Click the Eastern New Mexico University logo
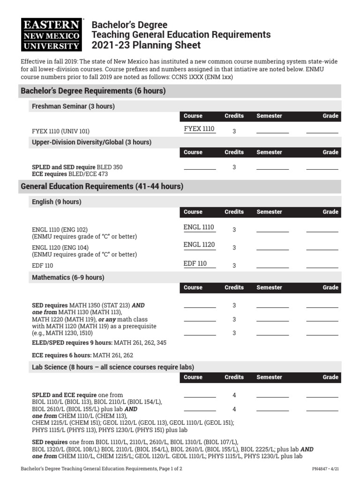pyautogui.click(x=52, y=35)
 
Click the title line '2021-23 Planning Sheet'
pyautogui.click(x=146, y=45)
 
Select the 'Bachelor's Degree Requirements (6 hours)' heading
pyautogui.click(x=93, y=91)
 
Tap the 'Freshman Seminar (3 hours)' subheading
pyautogui.click(x=73, y=106)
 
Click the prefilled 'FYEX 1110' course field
pyautogui.click(x=199, y=129)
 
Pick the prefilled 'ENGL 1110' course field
pyautogui.click(x=199, y=227)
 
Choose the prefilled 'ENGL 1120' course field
pyautogui.click(x=199, y=245)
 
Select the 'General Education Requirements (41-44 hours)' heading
pyautogui.click(x=102, y=187)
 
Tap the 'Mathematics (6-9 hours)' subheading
pyautogui.click(x=68, y=277)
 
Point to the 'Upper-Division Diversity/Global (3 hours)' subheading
pyautogui.click(x=91, y=142)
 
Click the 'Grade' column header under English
pyautogui.click(x=330, y=212)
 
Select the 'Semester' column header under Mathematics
pyautogui.click(x=269, y=288)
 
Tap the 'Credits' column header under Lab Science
pyautogui.click(x=234, y=377)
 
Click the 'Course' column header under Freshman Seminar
pyautogui.click(x=193, y=116)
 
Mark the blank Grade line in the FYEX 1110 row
pyautogui.click(x=322, y=132)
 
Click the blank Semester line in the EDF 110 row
pyautogui.click(x=272, y=267)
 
